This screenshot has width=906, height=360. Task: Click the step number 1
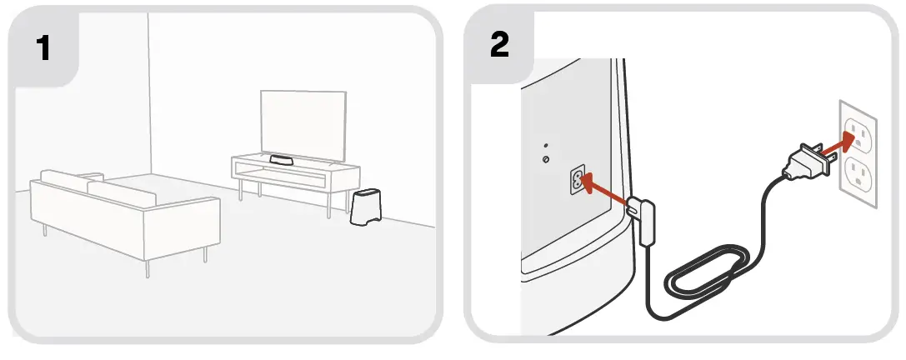43,48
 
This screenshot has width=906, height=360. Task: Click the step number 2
498,46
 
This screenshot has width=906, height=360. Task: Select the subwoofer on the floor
363,207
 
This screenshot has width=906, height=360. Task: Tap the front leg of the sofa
148,266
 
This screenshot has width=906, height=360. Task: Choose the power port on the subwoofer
576,180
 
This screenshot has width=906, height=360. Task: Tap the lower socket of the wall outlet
858,174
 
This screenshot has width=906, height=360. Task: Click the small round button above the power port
545,159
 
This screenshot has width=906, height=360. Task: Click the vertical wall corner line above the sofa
148,83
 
